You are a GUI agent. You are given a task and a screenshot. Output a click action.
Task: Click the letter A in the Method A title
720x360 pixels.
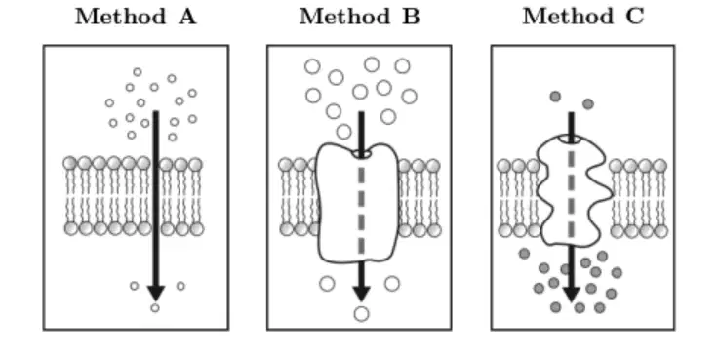(187, 17)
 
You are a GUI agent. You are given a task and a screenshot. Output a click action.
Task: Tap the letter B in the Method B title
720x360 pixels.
(412, 17)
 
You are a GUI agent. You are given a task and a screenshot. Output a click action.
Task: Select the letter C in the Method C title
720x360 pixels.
(634, 17)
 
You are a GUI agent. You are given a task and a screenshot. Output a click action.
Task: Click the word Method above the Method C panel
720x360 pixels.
(568, 17)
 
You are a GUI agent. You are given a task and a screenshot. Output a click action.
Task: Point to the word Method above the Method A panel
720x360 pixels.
(120, 17)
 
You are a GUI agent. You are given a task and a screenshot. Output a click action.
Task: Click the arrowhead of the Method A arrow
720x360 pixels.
(156, 293)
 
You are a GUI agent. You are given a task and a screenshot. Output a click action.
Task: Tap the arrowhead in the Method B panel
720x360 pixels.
(361, 294)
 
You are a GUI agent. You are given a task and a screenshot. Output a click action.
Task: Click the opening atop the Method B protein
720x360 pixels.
(361, 154)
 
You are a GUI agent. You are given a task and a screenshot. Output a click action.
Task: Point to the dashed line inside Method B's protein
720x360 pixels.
(361, 207)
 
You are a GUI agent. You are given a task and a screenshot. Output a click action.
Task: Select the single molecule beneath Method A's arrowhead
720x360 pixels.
(155, 307)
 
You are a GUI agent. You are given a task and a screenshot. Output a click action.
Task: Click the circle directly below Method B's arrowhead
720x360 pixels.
(361, 314)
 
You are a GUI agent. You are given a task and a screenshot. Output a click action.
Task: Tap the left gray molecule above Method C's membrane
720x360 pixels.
(555, 97)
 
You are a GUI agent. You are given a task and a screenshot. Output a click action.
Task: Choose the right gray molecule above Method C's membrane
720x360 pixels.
(588, 104)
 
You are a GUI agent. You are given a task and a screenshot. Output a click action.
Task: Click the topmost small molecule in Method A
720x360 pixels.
(138, 72)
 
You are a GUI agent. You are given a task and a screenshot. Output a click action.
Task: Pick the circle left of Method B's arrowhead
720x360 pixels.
(327, 284)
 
